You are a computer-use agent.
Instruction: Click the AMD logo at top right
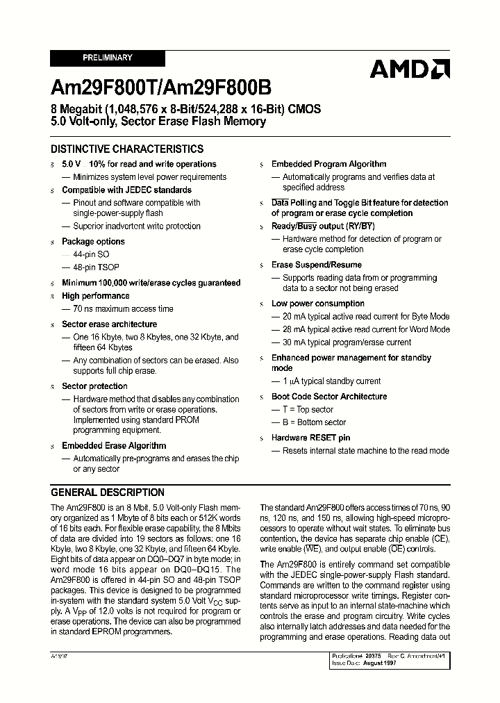[410, 69]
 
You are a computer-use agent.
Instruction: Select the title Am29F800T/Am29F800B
[161, 88]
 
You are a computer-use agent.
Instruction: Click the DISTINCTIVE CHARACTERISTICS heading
[127, 149]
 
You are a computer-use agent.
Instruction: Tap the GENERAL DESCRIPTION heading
[108, 493]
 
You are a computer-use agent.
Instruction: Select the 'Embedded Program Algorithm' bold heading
[328, 165]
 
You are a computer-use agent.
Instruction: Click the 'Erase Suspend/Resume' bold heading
[316, 265]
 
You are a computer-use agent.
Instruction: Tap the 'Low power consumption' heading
[317, 304]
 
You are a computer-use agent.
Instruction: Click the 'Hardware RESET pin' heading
[310, 438]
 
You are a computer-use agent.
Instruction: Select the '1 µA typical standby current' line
[331, 381]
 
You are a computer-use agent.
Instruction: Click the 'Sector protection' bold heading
[94, 386]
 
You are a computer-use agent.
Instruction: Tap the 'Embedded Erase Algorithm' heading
[114, 446]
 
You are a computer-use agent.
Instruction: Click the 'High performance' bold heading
[95, 296]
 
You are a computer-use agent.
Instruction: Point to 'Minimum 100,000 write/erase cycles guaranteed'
[151, 283]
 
